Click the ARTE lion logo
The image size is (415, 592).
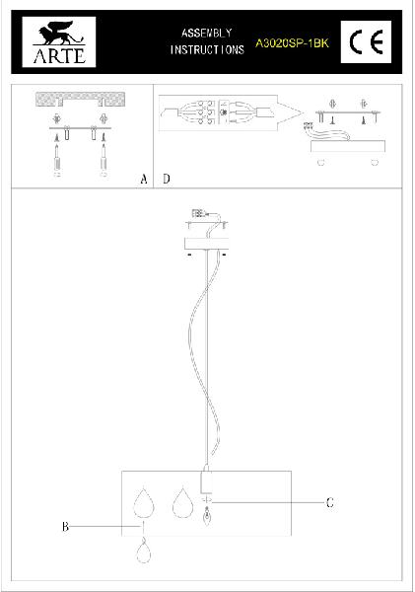pyautogui.click(x=59, y=41)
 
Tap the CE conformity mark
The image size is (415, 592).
pyautogui.click(x=366, y=41)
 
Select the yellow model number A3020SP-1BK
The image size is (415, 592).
pyautogui.click(x=292, y=43)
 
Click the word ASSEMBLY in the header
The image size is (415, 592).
pyautogui.click(x=207, y=33)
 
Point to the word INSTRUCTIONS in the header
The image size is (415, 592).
pyautogui.click(x=207, y=50)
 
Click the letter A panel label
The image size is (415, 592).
pyautogui.click(x=144, y=179)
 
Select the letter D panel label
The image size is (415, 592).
pyautogui.click(x=167, y=179)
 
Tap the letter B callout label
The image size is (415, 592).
pyautogui.click(x=65, y=526)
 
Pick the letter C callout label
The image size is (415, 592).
pyautogui.click(x=330, y=502)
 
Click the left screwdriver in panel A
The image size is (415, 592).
pyautogui.click(x=57, y=158)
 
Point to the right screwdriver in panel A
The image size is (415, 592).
pyautogui.click(x=104, y=158)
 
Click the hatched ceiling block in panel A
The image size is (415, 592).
pyautogui.click(x=81, y=99)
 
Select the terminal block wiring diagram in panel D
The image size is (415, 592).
pyautogui.click(x=218, y=112)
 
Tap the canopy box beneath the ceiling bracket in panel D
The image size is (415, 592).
pyautogui.click(x=348, y=146)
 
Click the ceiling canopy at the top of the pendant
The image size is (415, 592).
pyautogui.click(x=206, y=244)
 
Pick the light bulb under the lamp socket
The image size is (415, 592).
pyautogui.click(x=207, y=517)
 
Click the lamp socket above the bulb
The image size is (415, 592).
pyautogui.click(x=206, y=481)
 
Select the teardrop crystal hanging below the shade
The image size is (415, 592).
pyautogui.click(x=143, y=552)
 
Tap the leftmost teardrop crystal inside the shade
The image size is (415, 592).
pyautogui.click(x=144, y=504)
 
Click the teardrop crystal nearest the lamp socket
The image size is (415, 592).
pyautogui.click(x=182, y=502)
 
